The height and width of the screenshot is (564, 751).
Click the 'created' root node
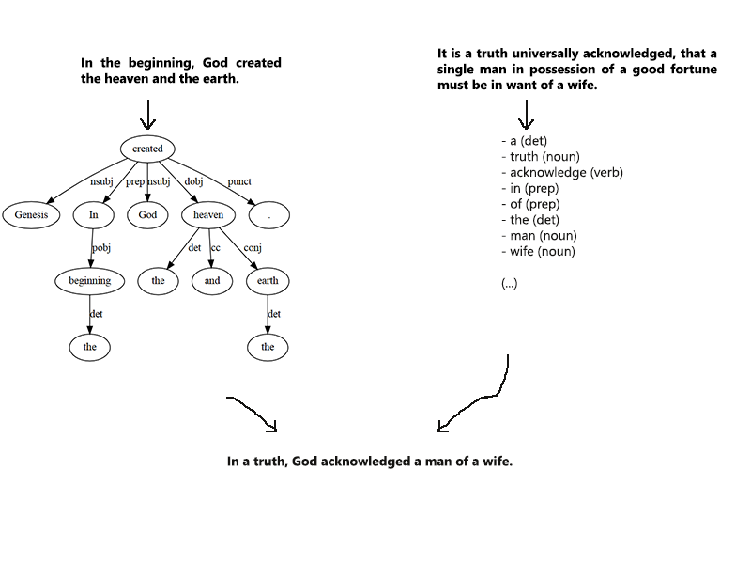click(147, 149)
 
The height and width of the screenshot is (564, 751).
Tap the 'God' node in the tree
click(147, 215)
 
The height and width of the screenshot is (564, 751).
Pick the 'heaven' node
click(208, 215)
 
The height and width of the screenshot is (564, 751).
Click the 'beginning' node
click(90, 280)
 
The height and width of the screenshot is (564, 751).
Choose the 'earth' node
click(268, 280)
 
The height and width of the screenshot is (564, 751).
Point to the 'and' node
click(212, 280)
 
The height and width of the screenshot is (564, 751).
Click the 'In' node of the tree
click(93, 215)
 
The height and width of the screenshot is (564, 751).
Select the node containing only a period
click(268, 215)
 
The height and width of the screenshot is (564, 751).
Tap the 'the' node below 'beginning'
click(90, 347)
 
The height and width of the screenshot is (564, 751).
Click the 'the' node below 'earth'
click(268, 347)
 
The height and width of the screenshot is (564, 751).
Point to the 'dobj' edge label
click(193, 181)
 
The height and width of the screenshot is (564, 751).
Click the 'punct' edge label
click(239, 181)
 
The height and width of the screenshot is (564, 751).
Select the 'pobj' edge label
click(102, 248)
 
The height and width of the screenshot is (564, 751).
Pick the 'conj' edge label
click(253, 248)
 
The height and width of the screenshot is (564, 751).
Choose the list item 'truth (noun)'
click(544, 156)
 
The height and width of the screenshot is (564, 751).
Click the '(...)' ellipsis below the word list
click(510, 284)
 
